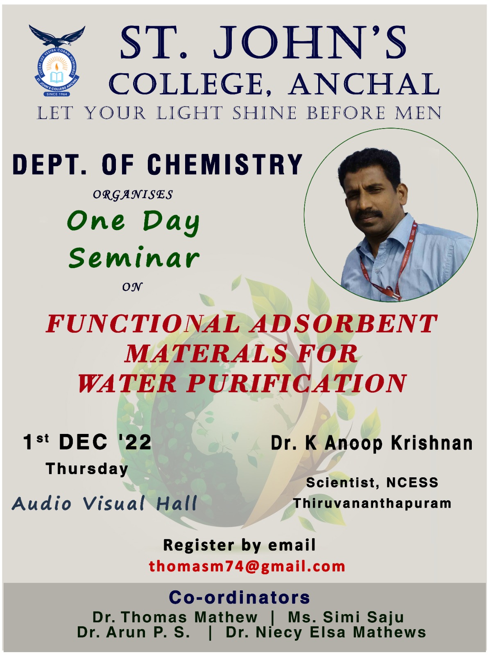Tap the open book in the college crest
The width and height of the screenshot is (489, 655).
(57, 77)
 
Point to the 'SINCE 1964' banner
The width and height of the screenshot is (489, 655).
(57, 94)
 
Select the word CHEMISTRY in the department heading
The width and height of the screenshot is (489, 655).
(225, 164)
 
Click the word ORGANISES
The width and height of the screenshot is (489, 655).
(133, 195)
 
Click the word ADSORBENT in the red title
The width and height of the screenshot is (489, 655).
(344, 323)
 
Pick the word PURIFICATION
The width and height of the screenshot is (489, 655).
(296, 383)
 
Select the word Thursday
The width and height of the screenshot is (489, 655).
(87, 470)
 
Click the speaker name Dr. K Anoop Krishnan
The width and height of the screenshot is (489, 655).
(371, 443)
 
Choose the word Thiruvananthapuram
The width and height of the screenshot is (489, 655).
(372, 504)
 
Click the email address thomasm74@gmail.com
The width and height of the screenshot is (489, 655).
(247, 566)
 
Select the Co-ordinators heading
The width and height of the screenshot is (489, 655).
(239, 597)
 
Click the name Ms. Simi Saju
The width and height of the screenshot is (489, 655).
(346, 617)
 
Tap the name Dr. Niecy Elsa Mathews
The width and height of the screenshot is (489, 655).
(326, 632)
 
